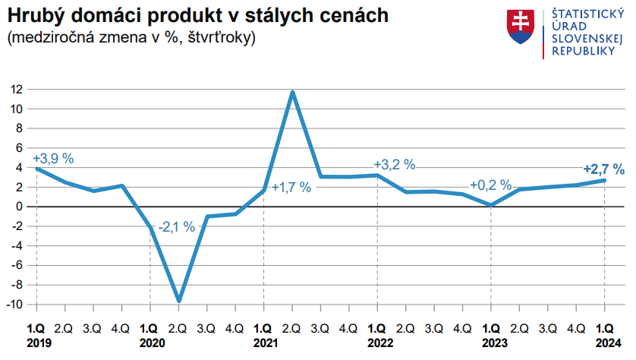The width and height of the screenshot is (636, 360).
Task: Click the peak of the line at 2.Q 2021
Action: point(292,92)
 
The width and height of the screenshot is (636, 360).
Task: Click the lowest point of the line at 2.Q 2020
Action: point(178,301)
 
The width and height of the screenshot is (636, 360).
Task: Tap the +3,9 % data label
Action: point(53,159)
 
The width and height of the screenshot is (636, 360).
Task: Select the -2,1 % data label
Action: point(176,226)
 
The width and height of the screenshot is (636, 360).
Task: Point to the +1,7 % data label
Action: point(291,188)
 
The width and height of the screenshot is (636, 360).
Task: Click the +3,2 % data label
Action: point(395,164)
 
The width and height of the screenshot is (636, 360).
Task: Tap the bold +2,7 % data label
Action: point(603,169)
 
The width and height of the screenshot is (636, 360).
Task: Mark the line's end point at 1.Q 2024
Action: point(604,180)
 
